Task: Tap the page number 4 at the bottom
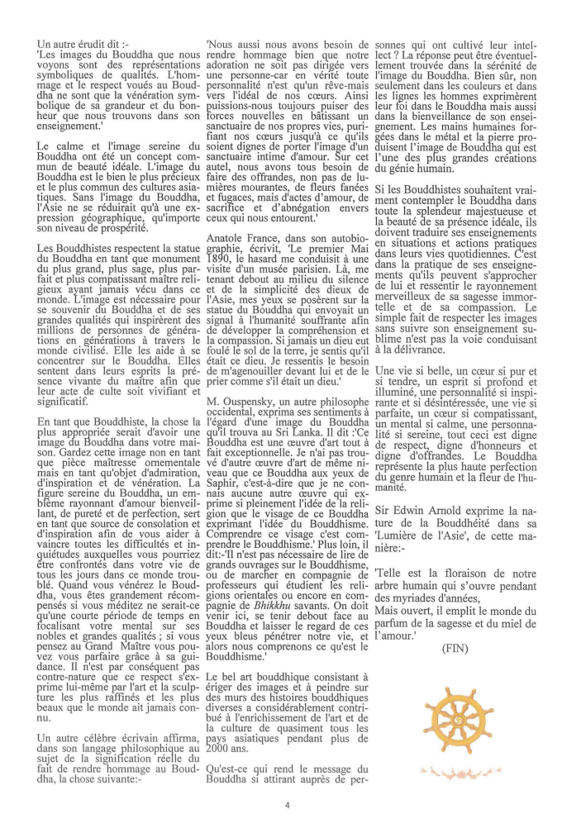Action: coord(287,804)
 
